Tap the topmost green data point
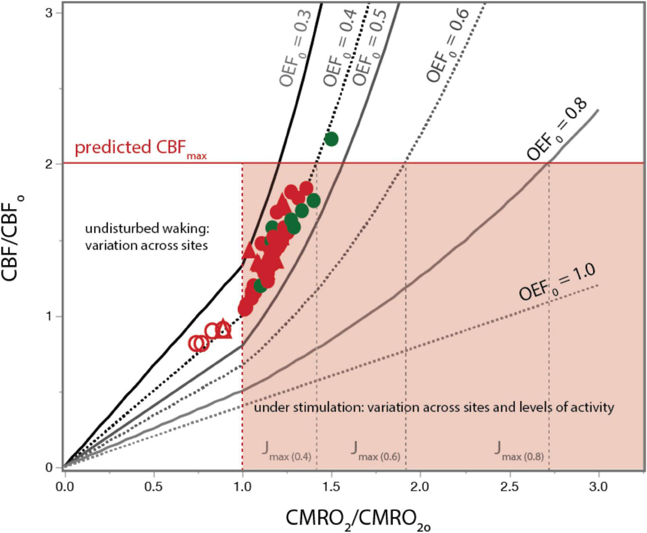(331, 139)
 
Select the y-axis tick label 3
(49, 13)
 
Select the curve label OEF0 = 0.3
(295, 48)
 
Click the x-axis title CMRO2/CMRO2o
(358, 519)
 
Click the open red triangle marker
(224, 329)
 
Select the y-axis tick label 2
(49, 164)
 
